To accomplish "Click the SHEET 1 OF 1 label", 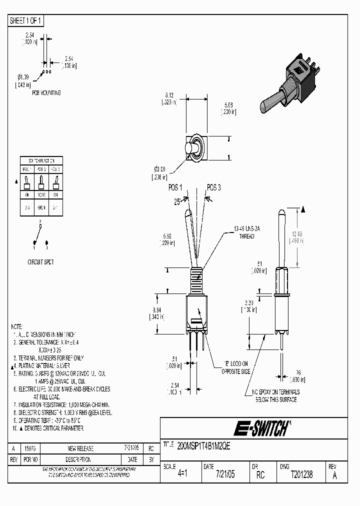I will click(x=26, y=20).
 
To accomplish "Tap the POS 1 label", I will click(x=175, y=187).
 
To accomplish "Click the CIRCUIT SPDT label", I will click(x=41, y=262).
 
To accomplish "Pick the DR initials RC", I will click(x=260, y=475).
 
